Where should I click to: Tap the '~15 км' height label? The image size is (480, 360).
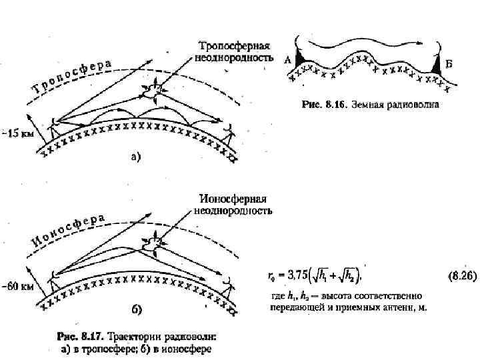click(17, 133)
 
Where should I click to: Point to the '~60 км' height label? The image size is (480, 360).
click(17, 287)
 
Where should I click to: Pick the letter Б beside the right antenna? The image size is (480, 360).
click(449, 63)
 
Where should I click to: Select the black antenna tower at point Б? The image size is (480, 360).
click(437, 66)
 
